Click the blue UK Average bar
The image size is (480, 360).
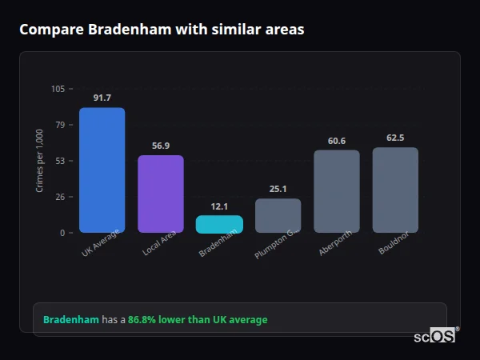pos(102,170)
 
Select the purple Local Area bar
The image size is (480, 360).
pos(160,194)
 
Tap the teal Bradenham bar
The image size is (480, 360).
pos(219,224)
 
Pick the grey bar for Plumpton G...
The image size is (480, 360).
pos(278,215)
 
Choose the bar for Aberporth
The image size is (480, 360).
pos(336,191)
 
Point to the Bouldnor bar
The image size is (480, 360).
pos(395,190)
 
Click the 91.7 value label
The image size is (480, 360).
pos(102,98)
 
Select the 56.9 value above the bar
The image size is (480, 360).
pos(160,146)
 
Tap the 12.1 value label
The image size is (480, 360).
pos(219,206)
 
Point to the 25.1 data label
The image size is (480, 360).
pos(278,189)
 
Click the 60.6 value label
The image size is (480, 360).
pos(336,141)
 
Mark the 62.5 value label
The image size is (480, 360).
pos(395,138)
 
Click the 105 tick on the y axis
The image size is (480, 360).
pos(58,89)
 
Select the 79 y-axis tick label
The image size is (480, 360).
pos(60,125)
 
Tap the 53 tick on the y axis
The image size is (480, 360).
pos(60,161)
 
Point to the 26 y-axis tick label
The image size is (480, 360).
pos(60,197)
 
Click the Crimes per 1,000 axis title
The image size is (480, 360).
pos(39,161)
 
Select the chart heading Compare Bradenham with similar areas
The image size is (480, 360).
pos(161,29)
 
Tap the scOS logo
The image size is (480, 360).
pos(434,337)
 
